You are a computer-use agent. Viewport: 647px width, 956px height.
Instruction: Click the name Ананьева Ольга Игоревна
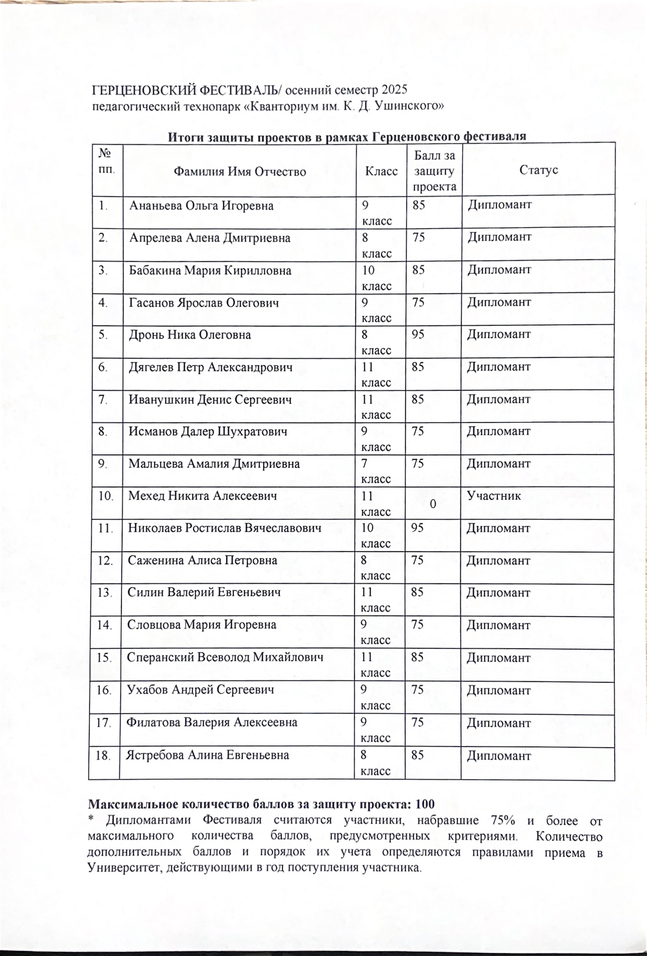[x=201, y=206]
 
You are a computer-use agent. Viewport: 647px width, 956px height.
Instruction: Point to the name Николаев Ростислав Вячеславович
[x=225, y=528]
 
